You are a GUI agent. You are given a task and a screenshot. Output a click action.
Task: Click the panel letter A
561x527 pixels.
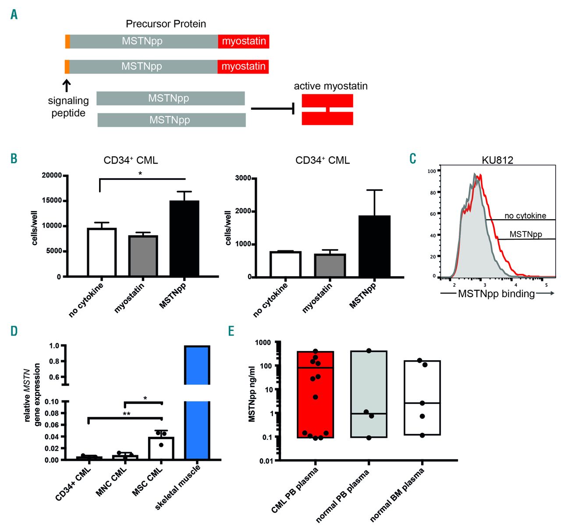coord(14,15)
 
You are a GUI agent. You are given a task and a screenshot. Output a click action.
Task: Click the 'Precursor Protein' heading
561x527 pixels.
coord(166,24)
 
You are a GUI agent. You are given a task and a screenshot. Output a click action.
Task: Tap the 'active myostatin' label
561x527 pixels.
coord(330,86)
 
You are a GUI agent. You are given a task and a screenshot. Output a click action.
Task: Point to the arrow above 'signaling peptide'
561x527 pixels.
coord(67,85)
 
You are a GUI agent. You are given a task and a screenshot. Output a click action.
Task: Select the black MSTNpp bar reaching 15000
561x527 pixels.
coord(184,239)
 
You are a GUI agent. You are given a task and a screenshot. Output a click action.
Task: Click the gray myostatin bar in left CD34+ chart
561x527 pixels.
coord(143,256)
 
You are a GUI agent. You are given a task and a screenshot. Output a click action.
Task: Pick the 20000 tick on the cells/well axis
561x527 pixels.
coord(52,176)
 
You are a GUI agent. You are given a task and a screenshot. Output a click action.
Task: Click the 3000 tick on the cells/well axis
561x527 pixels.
coord(243,178)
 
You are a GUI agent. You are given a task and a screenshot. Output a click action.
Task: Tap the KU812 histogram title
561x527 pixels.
coord(497,160)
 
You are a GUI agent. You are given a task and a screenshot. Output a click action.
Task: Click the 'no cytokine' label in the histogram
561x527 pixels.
coord(525,216)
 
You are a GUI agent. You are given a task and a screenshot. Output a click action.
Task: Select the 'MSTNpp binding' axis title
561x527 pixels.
coord(496,294)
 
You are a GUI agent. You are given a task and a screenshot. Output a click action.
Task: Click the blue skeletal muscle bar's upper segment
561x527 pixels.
coord(197,365)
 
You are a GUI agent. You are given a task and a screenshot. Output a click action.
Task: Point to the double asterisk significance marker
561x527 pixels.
coord(126,413)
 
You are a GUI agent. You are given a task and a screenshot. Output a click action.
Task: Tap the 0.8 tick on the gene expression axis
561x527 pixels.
coord(54,362)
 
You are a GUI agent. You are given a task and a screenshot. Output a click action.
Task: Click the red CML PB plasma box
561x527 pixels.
coord(315,394)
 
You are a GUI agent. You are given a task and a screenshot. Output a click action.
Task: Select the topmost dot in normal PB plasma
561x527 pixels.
coord(369,351)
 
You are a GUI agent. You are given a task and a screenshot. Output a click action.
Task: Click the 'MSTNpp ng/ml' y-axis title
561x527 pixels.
coord(252,393)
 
